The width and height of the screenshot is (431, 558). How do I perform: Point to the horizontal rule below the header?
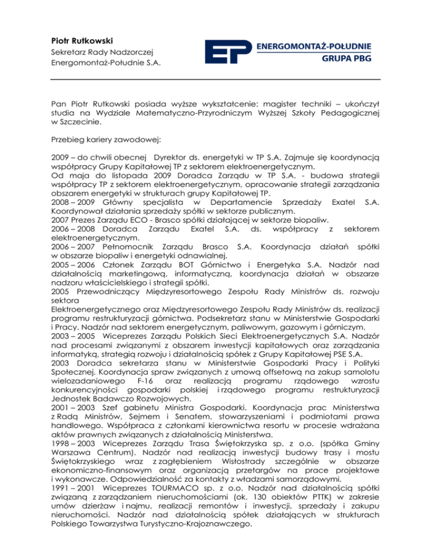pyautogui.click(x=215, y=79)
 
